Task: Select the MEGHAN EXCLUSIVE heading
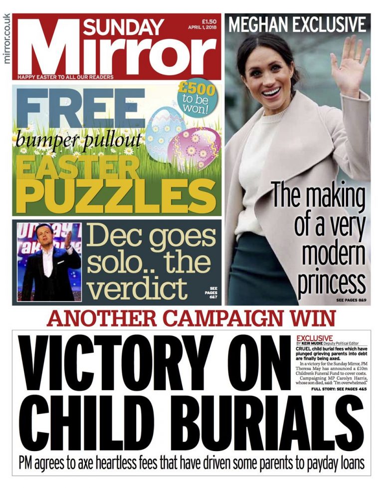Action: [297, 24]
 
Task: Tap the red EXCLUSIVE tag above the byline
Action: [314, 338]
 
